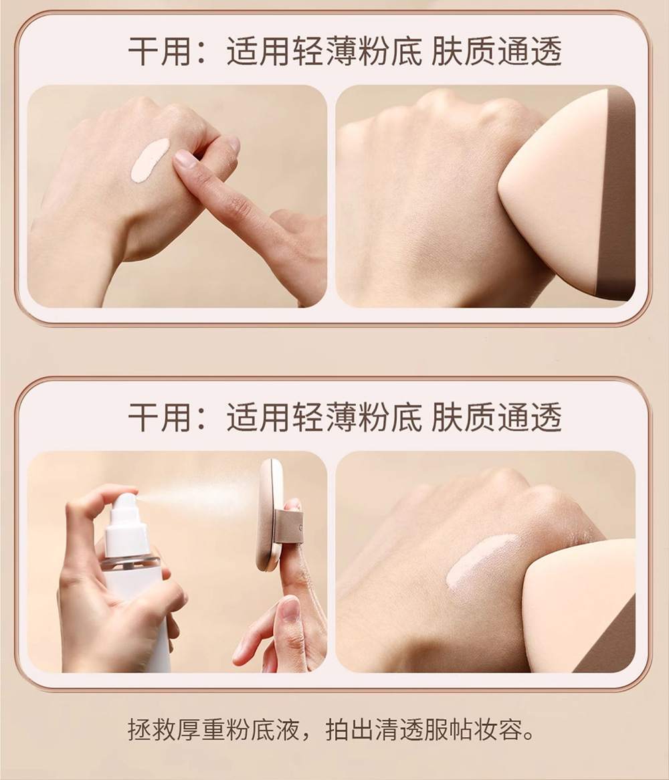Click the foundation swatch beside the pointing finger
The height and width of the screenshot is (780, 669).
[x=150, y=159]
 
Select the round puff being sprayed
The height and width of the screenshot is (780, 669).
[x=269, y=515]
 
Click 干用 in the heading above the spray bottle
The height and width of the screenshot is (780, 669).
[x=160, y=416]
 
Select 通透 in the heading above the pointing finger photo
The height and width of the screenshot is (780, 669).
[x=529, y=51]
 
